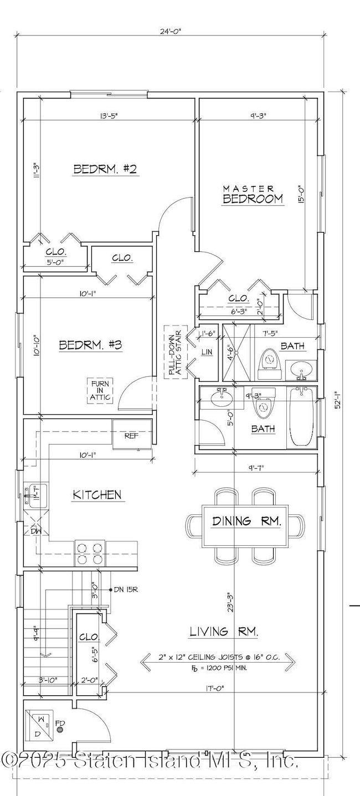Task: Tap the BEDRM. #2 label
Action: [x=105, y=169]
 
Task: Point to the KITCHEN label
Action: [x=97, y=494]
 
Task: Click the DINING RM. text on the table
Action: [x=246, y=521]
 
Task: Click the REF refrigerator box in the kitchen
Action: [x=131, y=435]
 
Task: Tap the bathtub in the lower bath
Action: [x=301, y=417]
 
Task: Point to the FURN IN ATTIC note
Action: [x=100, y=390]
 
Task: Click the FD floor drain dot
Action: [x=59, y=730]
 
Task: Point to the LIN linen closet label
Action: [x=207, y=352]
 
